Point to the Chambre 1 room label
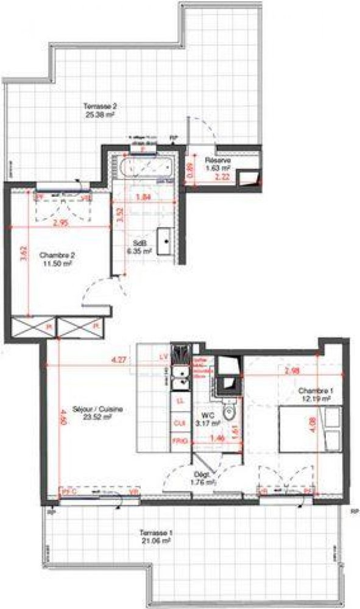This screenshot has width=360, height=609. (x=314, y=394)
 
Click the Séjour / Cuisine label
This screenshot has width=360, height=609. (x=90, y=414)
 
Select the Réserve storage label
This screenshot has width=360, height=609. (x=217, y=164)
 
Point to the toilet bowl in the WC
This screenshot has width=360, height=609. (x=228, y=414)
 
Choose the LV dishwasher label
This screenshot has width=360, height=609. (x=163, y=356)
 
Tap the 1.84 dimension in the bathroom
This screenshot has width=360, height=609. (x=142, y=197)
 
